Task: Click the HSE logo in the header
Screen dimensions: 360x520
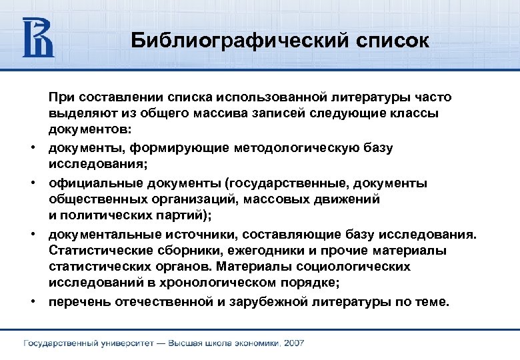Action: pyautogui.click(x=38, y=38)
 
